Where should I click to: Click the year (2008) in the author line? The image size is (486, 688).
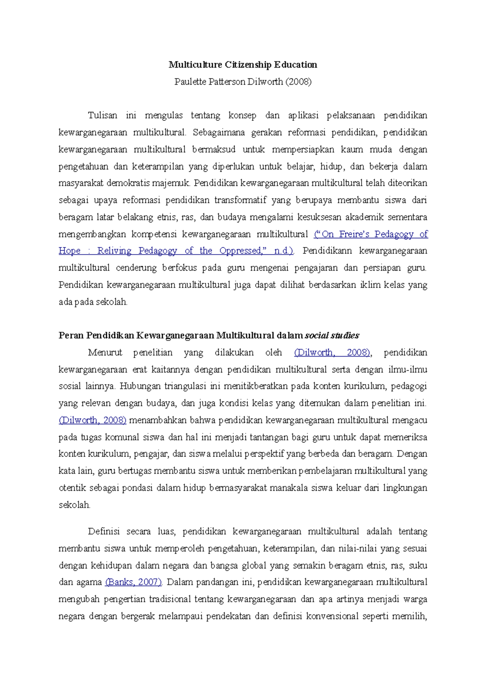pos(298,82)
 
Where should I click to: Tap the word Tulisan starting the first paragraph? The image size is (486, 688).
pos(102,115)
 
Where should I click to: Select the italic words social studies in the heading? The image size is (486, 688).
pos(332,335)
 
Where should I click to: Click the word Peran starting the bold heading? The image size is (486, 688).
pos(70,335)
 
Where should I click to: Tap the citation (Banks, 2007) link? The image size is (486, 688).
pos(133,582)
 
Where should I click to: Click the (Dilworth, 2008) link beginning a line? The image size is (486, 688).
pos(93,420)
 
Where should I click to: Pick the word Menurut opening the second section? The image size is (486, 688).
pos(105,353)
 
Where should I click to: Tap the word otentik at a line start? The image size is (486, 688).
pos(72,488)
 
